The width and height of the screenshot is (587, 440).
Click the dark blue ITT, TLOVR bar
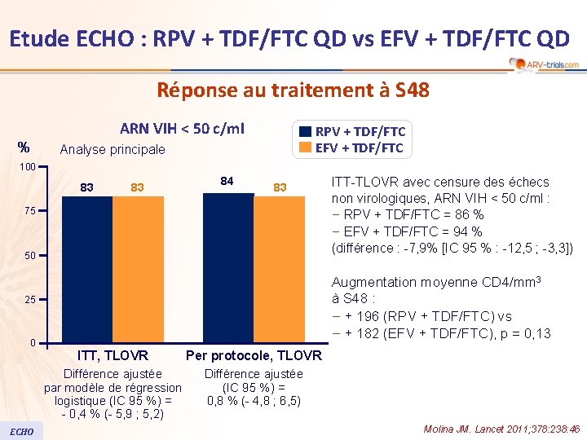[87, 269]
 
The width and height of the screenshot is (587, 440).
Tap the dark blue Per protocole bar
[228, 267]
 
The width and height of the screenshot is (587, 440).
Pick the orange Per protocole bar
[279, 269]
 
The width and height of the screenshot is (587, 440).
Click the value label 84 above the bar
[228, 181]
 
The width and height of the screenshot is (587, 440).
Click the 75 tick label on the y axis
[29, 211]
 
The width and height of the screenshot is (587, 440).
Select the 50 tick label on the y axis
[29, 256]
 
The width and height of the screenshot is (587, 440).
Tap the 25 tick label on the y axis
[29, 300]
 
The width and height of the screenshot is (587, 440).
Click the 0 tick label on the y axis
[32, 342]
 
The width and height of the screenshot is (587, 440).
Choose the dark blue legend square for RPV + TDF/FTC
[305, 132]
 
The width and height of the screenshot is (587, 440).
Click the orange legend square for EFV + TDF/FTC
[305, 147]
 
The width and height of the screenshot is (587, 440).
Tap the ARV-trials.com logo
[543, 64]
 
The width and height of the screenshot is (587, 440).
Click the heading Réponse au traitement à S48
[293, 90]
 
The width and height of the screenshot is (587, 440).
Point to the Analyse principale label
[113, 150]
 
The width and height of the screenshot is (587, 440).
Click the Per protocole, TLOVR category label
[254, 356]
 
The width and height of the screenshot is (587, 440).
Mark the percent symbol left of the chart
[24, 147]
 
